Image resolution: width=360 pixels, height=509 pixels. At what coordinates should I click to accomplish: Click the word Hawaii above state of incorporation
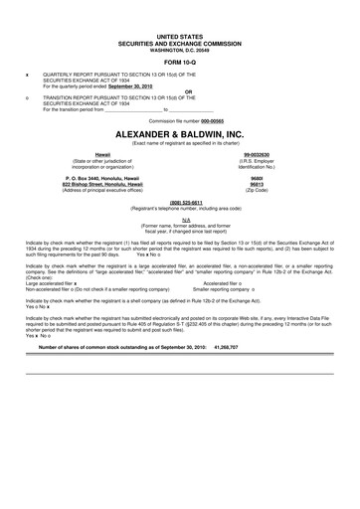[x=102, y=155]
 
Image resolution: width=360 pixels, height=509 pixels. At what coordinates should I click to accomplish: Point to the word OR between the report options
[x=180, y=93]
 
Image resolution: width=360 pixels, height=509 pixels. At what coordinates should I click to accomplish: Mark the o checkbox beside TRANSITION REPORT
[x=27, y=99]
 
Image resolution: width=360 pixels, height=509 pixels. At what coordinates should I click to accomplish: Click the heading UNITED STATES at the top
[x=180, y=36]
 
